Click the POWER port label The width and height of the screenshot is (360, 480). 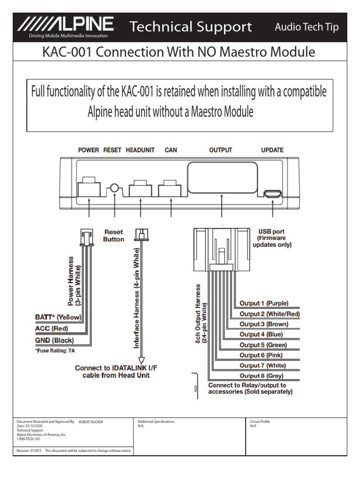pos(88,150)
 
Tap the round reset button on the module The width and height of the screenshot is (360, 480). pos(113,189)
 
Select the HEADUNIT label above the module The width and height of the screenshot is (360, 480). pos(140,150)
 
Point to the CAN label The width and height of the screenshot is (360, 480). pos(171,150)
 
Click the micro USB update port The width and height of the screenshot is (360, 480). pos(272,193)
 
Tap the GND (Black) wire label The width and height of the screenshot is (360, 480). pos(54,340)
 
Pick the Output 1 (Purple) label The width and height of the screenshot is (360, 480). pos(264,303)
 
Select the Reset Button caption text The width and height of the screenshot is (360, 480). pos(113,235)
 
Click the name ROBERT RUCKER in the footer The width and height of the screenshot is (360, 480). pos(90,422)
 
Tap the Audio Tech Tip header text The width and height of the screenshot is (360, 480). pos(307,27)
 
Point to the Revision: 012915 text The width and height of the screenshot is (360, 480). pos(30,450)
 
